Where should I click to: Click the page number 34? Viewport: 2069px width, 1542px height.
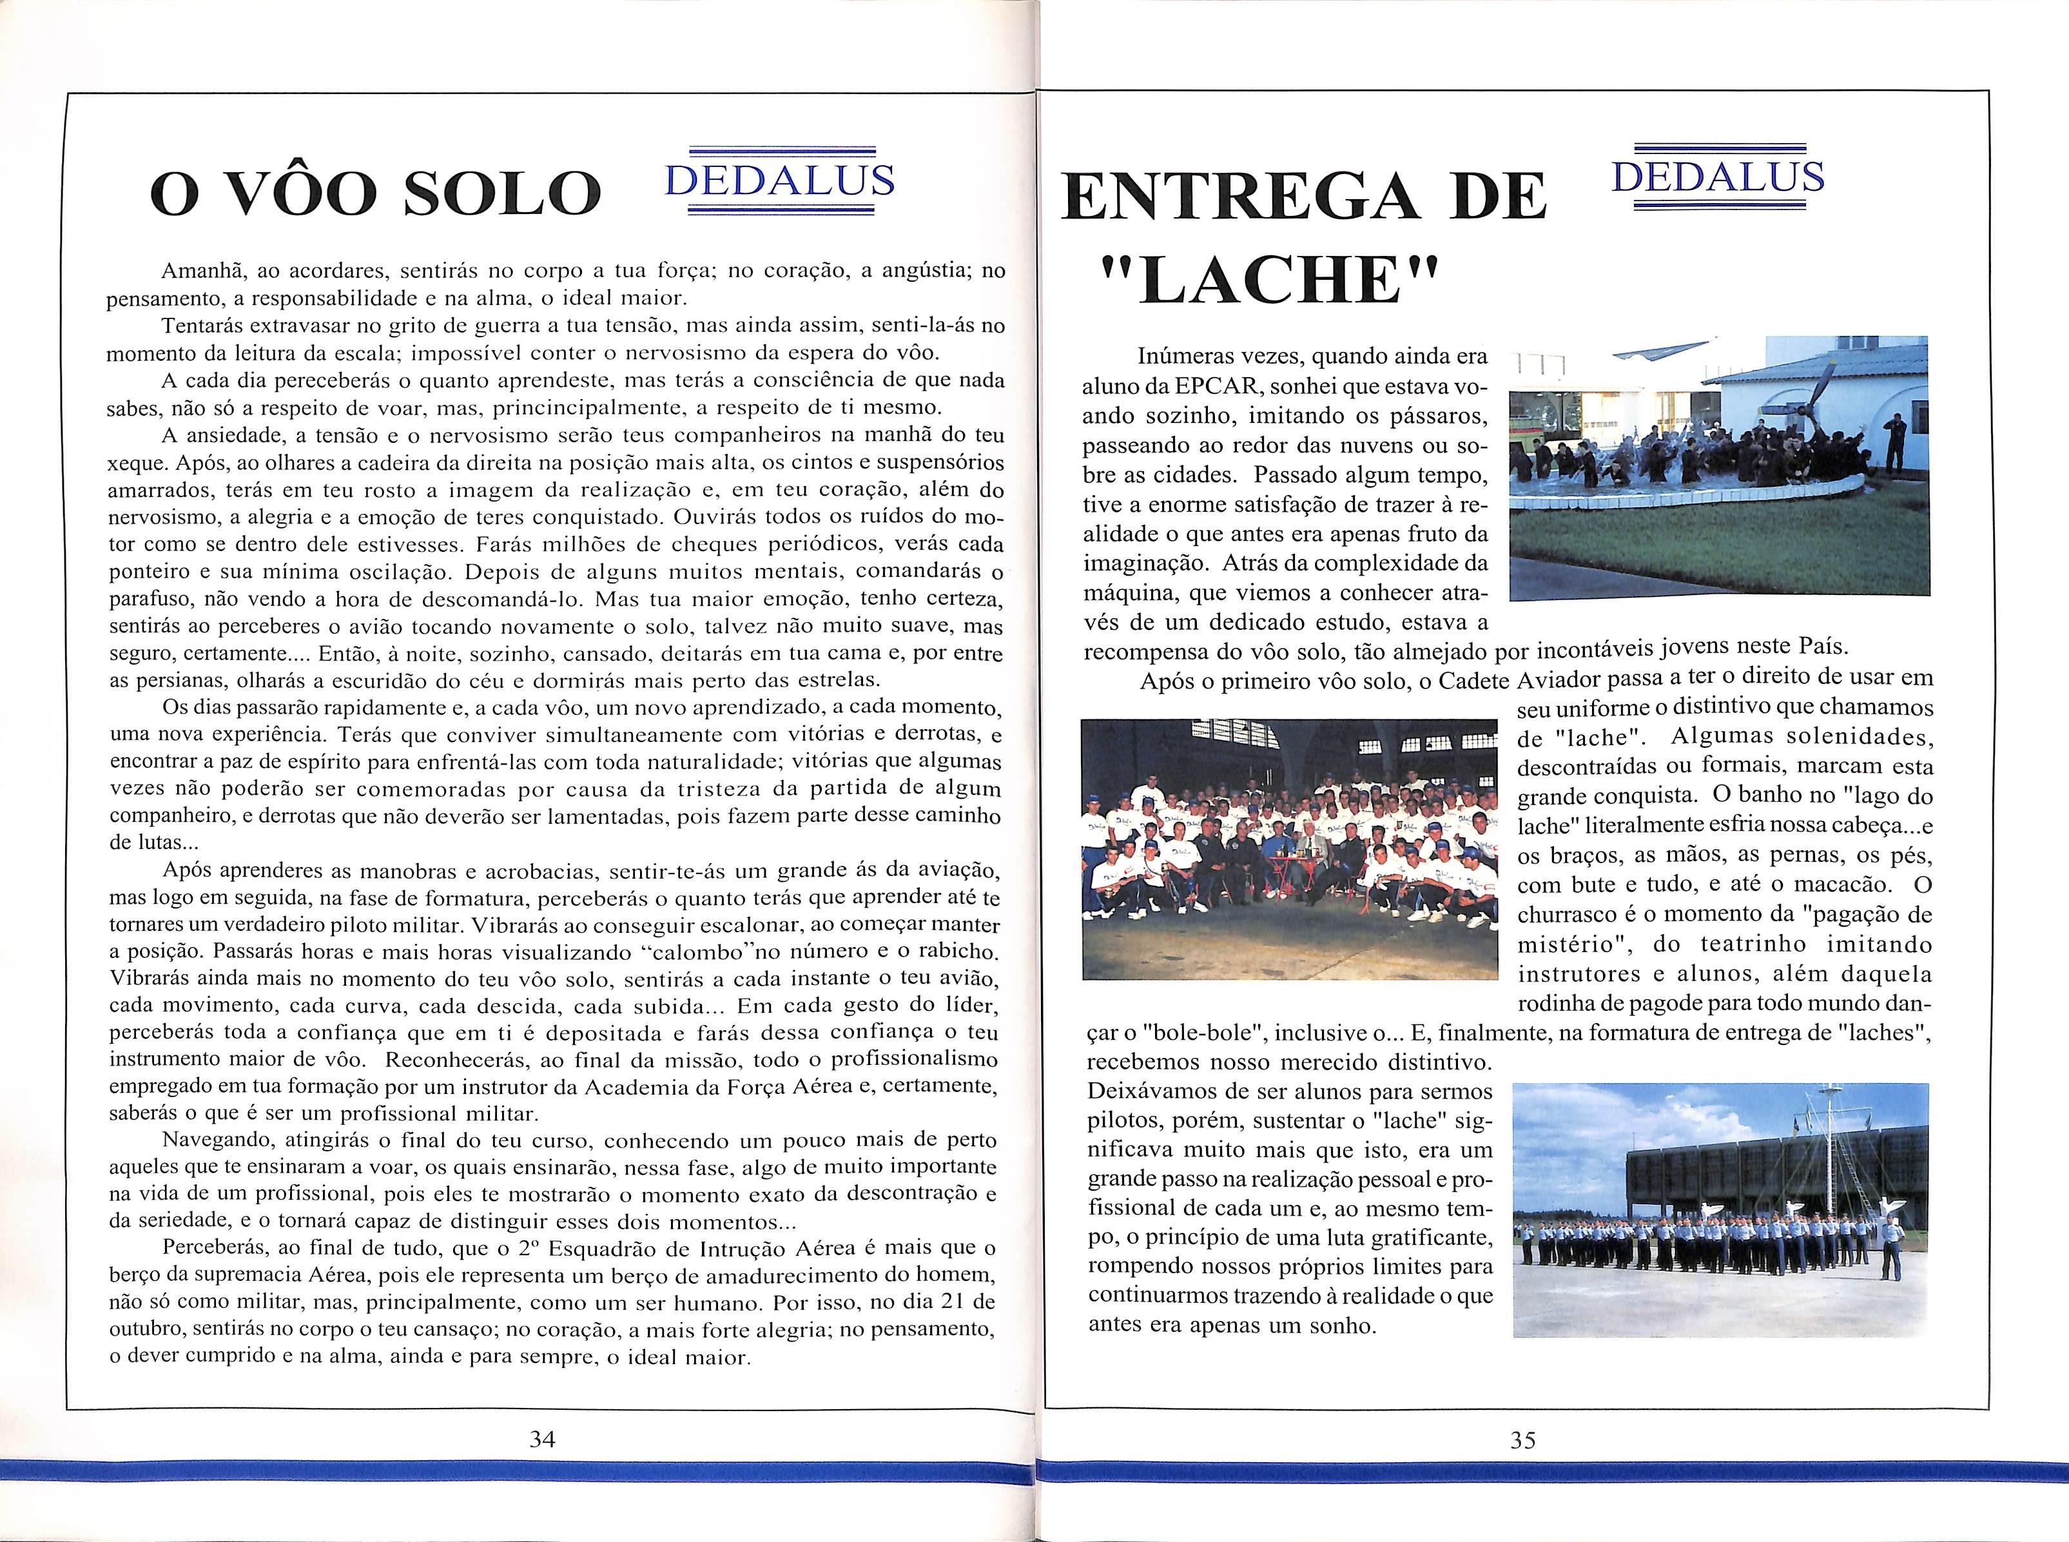tap(542, 1440)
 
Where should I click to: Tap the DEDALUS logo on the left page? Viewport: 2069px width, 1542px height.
tap(779, 181)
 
